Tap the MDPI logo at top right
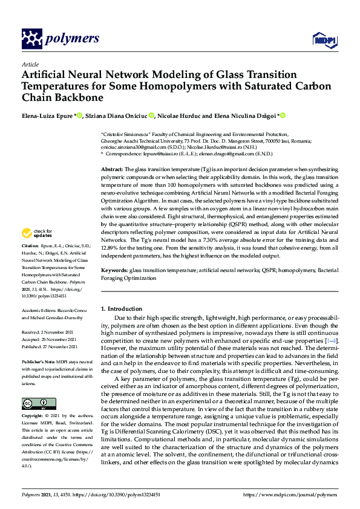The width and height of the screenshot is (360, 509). coord(323,40)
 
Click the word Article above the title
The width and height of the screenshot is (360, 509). coord(30,64)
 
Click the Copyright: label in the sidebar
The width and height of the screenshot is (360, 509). coord(33,400)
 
